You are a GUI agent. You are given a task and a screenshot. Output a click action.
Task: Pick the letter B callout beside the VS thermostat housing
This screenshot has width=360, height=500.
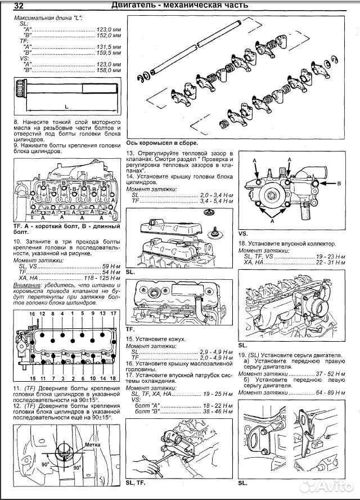coord(339,183)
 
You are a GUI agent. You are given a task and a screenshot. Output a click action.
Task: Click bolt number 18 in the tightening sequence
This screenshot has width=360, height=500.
coord(113,379)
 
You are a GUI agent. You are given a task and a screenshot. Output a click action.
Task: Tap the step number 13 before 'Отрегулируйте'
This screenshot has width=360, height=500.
coord(130,153)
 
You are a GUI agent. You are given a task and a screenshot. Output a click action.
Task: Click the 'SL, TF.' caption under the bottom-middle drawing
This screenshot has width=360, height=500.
coord(137,483)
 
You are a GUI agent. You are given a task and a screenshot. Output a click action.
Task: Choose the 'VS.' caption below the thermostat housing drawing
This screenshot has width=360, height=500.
coord(243,233)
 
